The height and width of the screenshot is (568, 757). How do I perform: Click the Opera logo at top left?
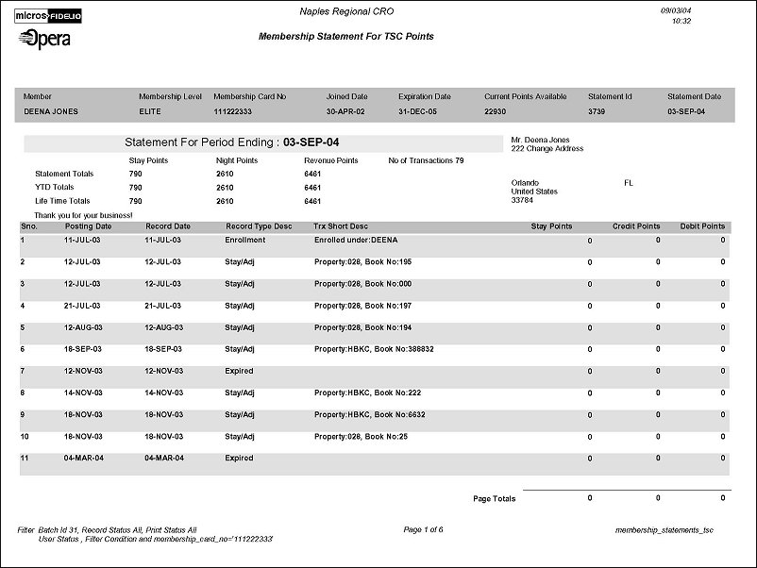[x=43, y=39]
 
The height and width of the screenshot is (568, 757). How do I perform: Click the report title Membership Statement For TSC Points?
[x=345, y=37]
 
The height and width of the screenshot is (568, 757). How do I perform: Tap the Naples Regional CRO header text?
[x=347, y=11]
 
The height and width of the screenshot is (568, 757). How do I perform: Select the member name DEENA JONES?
[x=50, y=111]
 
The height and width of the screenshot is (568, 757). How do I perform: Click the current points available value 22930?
[x=496, y=111]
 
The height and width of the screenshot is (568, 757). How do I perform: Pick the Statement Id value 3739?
[x=598, y=111]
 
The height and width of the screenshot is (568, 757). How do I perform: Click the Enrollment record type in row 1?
[x=245, y=240]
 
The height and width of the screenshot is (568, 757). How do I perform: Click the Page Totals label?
[x=494, y=498]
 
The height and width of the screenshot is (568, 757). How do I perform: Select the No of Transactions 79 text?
[x=426, y=160]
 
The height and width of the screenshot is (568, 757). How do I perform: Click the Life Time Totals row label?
[x=62, y=201]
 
